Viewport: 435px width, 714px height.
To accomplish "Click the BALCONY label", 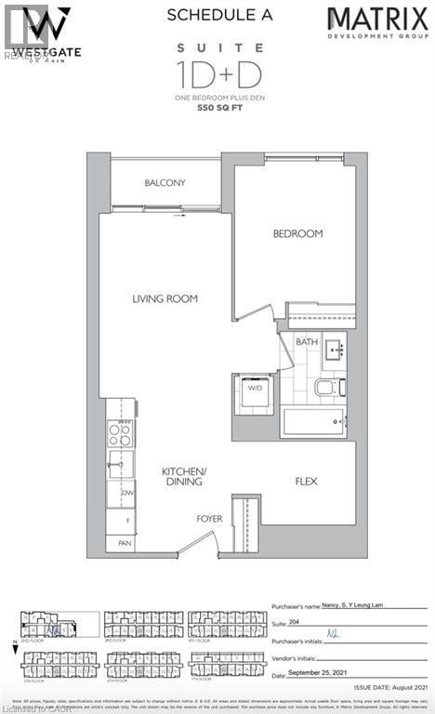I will coord(166,182).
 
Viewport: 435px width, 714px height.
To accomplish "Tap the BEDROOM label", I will coord(297,233).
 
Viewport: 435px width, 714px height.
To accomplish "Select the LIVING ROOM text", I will coord(165,298).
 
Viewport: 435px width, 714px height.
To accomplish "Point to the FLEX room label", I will coord(308,482).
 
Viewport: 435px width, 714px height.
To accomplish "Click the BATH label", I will coord(307,341).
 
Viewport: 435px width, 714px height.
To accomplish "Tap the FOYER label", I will coord(209,519).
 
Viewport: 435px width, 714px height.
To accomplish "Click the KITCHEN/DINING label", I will coord(183,477).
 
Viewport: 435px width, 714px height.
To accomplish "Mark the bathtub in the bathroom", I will coord(313,424).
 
